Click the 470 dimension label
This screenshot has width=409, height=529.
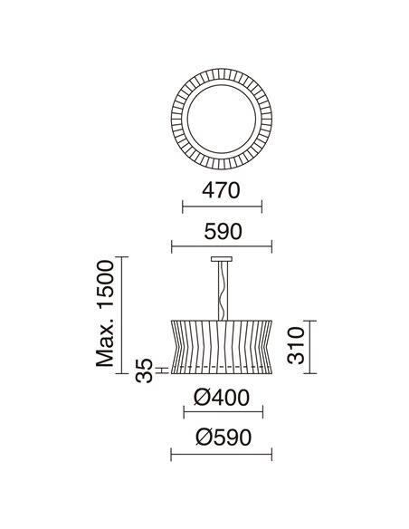[221, 190]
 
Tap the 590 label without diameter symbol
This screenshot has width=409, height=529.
[223, 232]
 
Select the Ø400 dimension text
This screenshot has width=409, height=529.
[222, 398]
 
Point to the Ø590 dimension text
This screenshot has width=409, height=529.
[224, 438]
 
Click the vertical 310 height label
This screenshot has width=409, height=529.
[296, 345]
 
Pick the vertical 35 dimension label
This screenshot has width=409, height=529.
[144, 370]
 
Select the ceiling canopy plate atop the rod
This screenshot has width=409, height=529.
[222, 259]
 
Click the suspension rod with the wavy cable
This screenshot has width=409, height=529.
[223, 291]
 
